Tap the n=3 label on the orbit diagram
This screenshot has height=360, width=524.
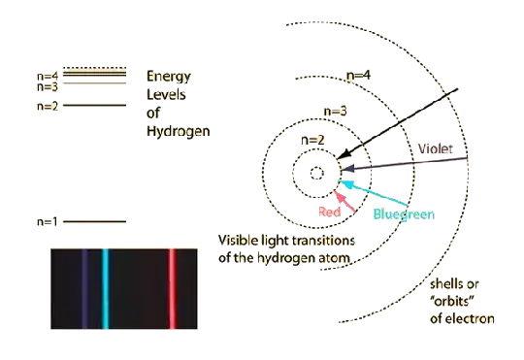click(334, 113)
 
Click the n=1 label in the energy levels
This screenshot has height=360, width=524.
click(46, 223)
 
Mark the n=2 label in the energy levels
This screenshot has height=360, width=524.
click(46, 106)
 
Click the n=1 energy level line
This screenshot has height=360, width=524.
click(96, 222)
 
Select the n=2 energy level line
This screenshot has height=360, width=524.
click(96, 105)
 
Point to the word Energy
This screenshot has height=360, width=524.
click(165, 76)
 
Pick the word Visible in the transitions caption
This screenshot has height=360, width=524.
click(237, 240)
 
